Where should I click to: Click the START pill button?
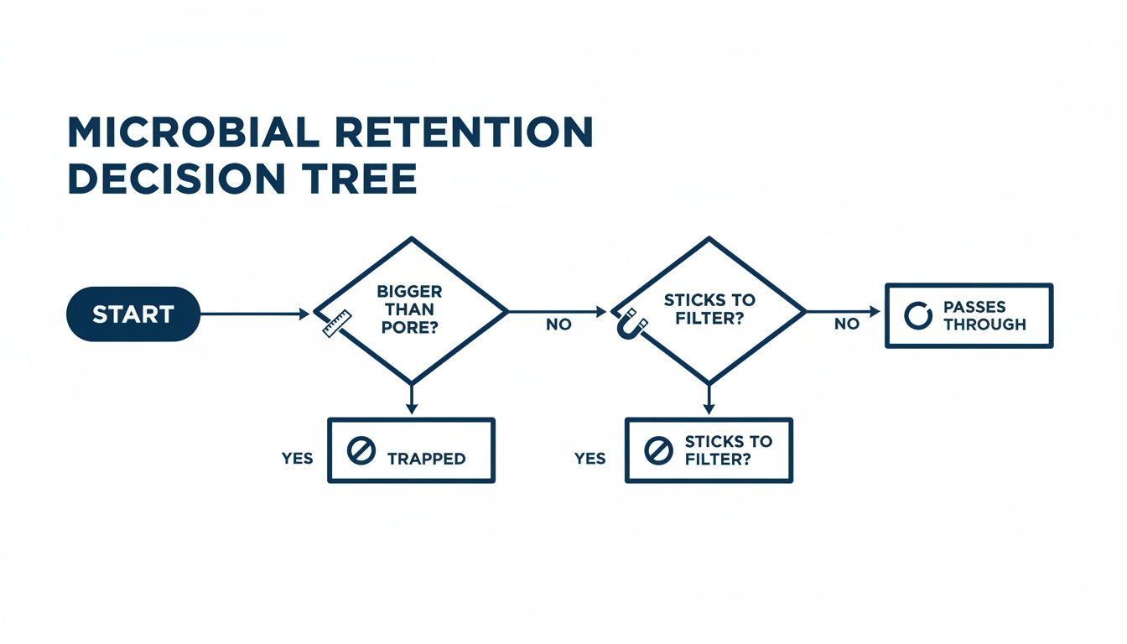(x=132, y=314)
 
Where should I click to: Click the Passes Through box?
(x=969, y=315)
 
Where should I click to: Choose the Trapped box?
(x=411, y=450)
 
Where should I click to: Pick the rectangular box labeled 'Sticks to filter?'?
(x=709, y=450)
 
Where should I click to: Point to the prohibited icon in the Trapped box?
(x=361, y=451)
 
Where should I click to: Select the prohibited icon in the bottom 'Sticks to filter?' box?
(x=658, y=451)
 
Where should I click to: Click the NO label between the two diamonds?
(x=558, y=325)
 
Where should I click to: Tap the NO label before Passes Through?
(x=847, y=325)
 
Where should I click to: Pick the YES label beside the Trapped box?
(x=297, y=459)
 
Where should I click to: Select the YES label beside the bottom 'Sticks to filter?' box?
(x=590, y=459)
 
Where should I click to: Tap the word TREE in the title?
(x=368, y=179)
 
